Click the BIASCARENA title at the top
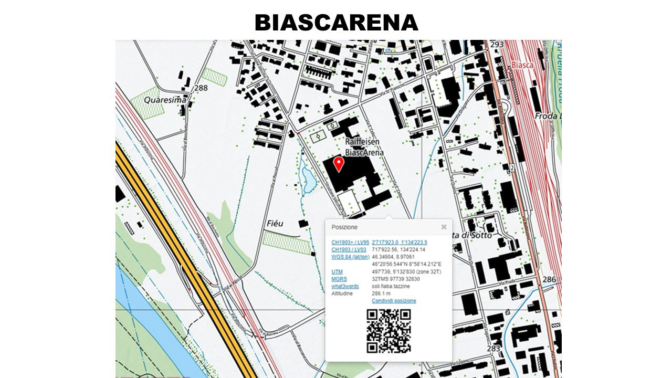click(x=336, y=23)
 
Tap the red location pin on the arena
click(x=339, y=164)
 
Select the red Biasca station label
click(x=522, y=65)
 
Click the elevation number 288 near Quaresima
click(x=201, y=88)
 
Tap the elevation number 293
click(x=497, y=45)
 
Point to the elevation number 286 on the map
click(x=549, y=279)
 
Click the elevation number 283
click(x=493, y=348)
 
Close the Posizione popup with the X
click(x=444, y=227)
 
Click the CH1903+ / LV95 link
click(x=350, y=242)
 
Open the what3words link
click(x=345, y=286)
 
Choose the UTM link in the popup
click(x=337, y=271)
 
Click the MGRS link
click(x=339, y=279)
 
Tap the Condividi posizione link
click(x=394, y=301)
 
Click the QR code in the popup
click(x=388, y=331)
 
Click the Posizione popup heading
click(x=344, y=227)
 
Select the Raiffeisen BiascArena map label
click(x=364, y=147)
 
